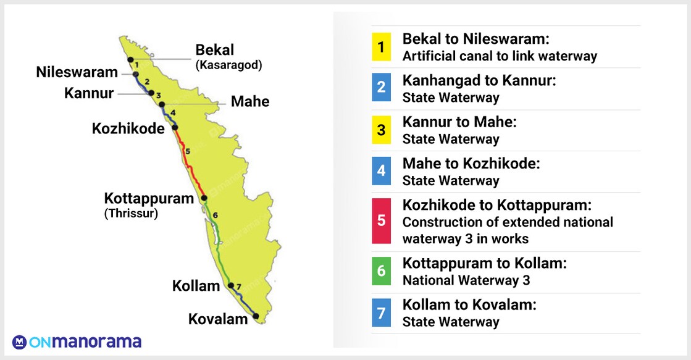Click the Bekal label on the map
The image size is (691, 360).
[x=215, y=49]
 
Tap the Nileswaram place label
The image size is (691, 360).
[x=77, y=72]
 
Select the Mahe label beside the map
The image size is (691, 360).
[x=250, y=101]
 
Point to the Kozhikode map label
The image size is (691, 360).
[x=128, y=128]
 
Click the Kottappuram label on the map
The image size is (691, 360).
[x=149, y=199]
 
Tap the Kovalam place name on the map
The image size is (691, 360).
[x=218, y=319]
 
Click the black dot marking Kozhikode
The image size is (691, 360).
[x=175, y=128]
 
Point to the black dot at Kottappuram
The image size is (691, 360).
[x=204, y=198]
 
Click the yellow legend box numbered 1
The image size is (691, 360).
[x=381, y=47]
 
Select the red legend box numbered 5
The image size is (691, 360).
[x=381, y=221]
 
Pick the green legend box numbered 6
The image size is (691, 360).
[x=381, y=272]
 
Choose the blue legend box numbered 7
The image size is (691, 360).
[x=381, y=312]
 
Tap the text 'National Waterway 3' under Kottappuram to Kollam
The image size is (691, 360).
[x=466, y=280]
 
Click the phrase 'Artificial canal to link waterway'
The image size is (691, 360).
[x=500, y=56]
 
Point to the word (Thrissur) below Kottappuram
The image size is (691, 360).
[x=131, y=214]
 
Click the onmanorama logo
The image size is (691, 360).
[x=77, y=341]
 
